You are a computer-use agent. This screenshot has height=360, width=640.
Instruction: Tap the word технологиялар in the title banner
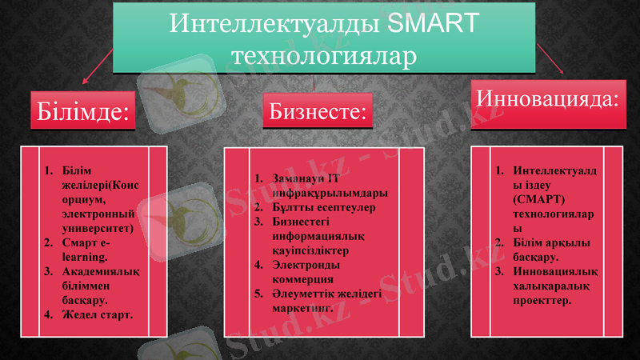[x=323, y=56]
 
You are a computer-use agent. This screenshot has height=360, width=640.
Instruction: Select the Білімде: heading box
[x=81, y=110]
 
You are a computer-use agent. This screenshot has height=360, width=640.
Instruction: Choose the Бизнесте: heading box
[x=318, y=110]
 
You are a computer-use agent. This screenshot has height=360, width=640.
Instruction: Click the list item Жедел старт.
[x=97, y=314]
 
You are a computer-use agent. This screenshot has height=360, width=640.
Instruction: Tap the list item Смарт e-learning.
[x=89, y=250]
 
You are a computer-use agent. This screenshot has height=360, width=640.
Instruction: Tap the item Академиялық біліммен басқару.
[x=97, y=286]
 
